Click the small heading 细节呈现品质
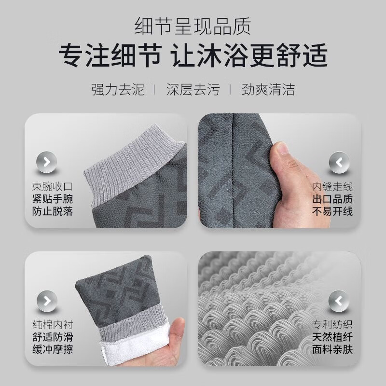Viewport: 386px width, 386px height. point(193,25)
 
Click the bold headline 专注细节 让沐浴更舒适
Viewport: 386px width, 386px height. point(193,56)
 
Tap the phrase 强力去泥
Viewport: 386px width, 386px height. point(118,89)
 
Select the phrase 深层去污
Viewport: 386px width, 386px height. point(193,89)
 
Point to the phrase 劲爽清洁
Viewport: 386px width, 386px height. point(268,89)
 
